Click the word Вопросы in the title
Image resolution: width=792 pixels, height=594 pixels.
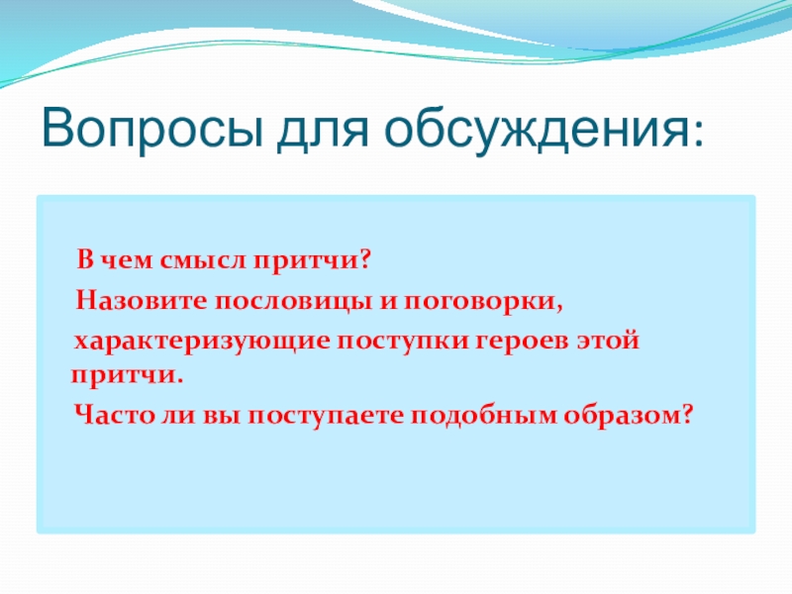click(152, 128)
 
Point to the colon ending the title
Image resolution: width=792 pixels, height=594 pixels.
click(698, 134)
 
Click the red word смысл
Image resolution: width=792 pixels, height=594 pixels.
click(204, 260)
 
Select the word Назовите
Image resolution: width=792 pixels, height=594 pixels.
click(142, 300)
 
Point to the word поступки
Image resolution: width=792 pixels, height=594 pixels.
click(403, 342)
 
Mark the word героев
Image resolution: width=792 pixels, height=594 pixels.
click(522, 342)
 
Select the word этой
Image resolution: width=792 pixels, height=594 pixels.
click(608, 341)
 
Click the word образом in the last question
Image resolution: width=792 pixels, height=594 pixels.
click(623, 416)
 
